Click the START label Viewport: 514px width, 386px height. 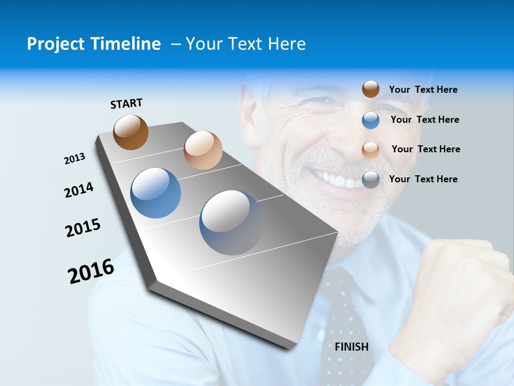click(126, 103)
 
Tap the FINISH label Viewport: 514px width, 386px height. click(352, 347)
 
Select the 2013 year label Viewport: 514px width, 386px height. click(74, 159)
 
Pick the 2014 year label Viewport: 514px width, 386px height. click(79, 190)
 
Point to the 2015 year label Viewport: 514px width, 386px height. click(83, 228)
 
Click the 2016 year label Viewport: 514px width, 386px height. click(91, 271)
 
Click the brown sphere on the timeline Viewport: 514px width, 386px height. click(131, 132)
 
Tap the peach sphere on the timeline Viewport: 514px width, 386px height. click(203, 150)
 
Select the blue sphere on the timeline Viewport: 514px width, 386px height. click(156, 193)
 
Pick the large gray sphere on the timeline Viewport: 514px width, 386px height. click(231, 222)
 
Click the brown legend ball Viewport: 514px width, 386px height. click(371, 89)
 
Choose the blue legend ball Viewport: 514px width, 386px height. click(371, 120)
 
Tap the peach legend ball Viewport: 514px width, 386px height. click(371, 150)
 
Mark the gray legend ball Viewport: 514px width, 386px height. click(371, 180)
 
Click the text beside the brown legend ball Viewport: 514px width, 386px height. click(423, 90)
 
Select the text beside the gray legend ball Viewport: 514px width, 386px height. click(423, 179)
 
